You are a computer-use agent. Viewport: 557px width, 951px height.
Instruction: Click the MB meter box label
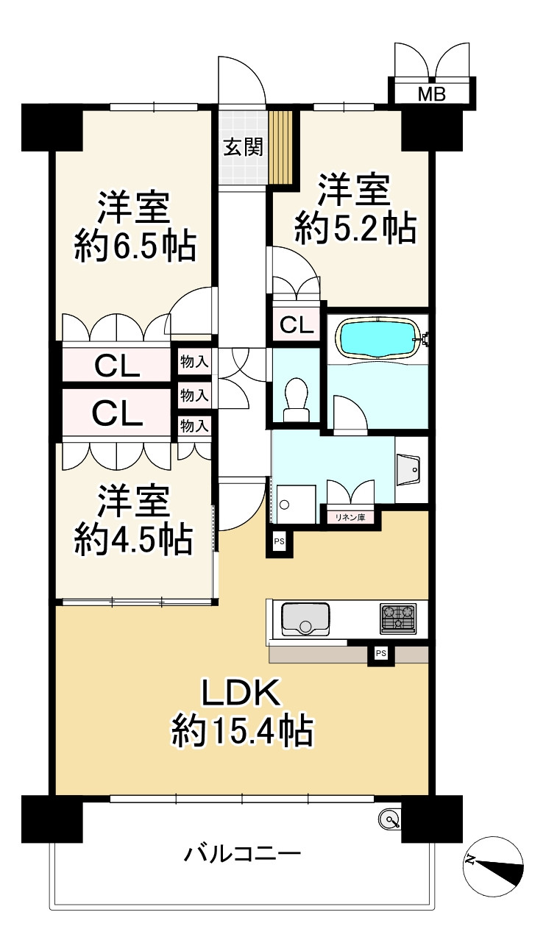coord(432,94)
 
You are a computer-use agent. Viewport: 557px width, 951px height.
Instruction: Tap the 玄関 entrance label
coord(244,147)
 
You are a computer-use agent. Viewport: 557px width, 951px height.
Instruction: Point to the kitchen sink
coord(305,619)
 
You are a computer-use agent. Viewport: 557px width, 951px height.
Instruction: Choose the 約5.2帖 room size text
coord(355,229)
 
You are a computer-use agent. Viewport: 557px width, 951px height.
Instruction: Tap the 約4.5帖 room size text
coord(133,541)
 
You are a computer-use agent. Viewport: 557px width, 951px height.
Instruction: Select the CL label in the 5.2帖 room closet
coord(297,325)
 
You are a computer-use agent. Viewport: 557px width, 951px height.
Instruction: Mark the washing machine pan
coord(296,505)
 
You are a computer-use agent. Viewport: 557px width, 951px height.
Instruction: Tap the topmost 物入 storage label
coord(194,362)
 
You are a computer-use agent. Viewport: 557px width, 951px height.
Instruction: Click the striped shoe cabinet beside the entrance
coord(281,147)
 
